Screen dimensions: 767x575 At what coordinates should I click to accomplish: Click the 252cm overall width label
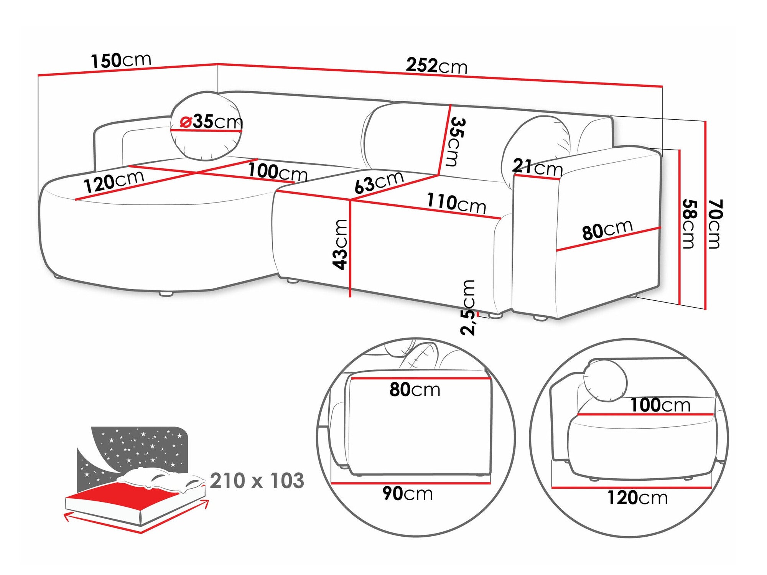436,66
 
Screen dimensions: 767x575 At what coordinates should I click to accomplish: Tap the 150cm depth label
121,61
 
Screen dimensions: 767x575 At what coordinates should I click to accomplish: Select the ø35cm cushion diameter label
212,122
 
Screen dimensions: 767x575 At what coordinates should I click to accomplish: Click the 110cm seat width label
456,203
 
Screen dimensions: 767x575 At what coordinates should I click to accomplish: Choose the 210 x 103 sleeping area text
257,481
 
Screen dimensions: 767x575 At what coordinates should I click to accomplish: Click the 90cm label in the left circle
408,493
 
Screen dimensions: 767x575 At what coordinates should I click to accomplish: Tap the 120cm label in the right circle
637,498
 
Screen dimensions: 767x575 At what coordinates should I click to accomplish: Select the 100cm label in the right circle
660,405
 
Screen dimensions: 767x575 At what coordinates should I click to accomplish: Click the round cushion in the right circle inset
605,381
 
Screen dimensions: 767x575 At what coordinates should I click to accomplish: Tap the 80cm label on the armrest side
607,230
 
